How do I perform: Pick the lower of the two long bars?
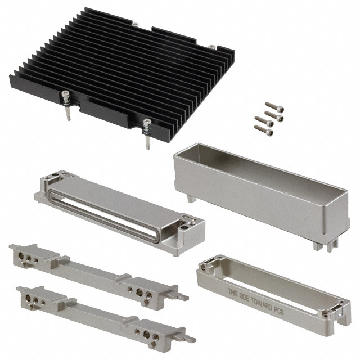point(101,312)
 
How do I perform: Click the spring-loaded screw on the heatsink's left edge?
point(66,104)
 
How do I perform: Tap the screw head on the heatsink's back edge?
point(135,24)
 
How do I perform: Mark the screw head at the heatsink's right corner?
point(211,47)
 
